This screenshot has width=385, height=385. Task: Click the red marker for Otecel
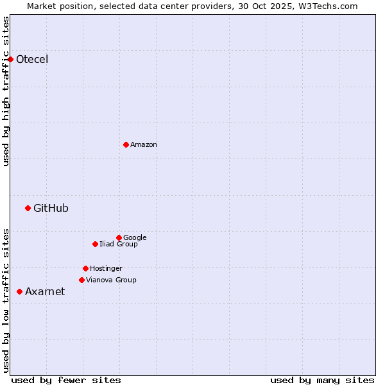coord(11,60)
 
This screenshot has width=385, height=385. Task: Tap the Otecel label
coord(32,60)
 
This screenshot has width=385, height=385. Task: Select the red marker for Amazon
coord(126,144)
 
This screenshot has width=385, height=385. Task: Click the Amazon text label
coord(144,145)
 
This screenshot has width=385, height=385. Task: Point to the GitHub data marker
coord(28,208)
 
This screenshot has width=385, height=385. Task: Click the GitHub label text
coord(51,208)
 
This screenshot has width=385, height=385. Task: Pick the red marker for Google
coord(119,237)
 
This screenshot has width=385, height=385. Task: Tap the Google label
coord(135,237)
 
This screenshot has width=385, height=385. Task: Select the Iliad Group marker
coord(95,244)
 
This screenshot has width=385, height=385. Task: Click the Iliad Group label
coord(119,244)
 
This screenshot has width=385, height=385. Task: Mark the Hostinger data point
coord(85,268)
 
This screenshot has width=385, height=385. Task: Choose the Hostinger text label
coord(106,268)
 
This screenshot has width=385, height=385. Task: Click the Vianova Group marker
coord(81,280)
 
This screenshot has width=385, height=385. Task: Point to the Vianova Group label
coord(111,280)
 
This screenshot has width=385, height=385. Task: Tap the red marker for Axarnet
coord(19,291)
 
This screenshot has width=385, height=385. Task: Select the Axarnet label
coord(45,292)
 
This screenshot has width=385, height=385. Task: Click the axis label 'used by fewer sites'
coord(66,380)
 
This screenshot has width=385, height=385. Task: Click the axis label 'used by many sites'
coord(322,380)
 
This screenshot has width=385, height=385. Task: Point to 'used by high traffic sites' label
coord(6,91)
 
